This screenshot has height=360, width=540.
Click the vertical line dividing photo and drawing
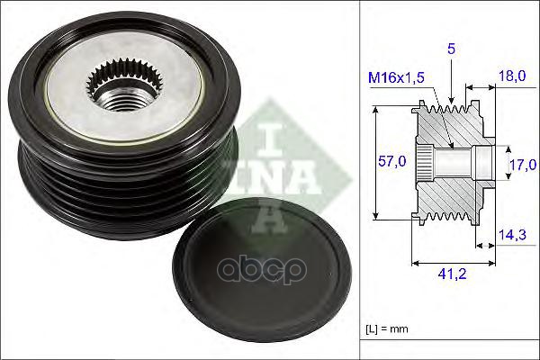(x=359, y=180)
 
